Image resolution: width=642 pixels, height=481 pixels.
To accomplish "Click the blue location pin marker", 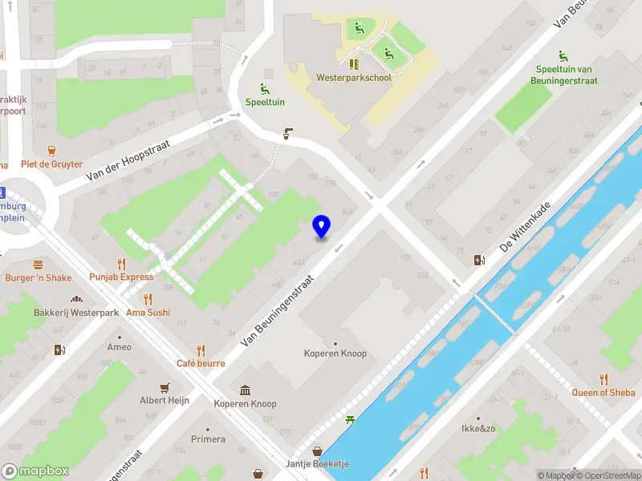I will pyautogui.click(x=321, y=228).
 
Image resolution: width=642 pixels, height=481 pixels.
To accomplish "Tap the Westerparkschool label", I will pyautogui.click(x=353, y=79).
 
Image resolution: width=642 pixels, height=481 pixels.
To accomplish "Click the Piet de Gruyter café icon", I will pyautogui.click(x=52, y=150).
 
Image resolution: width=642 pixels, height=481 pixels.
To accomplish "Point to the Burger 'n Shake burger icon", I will pyautogui.click(x=38, y=264).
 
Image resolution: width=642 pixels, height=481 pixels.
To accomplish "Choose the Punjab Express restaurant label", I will pyautogui.click(x=121, y=277).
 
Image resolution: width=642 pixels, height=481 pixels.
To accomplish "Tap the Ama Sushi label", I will pyautogui.click(x=148, y=313).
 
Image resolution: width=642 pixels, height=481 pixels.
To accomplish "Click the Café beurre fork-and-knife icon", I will pyautogui.click(x=201, y=350).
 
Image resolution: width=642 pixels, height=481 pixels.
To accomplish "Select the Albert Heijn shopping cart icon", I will pyautogui.click(x=165, y=386).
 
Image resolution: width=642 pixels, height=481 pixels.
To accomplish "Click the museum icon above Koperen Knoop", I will pyautogui.click(x=245, y=390).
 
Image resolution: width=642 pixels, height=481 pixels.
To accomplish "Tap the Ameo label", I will pyautogui.click(x=119, y=347).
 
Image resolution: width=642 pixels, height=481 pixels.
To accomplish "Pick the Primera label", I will pyautogui.click(x=208, y=439).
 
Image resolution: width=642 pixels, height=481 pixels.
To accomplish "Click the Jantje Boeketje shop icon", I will pyautogui.click(x=318, y=451).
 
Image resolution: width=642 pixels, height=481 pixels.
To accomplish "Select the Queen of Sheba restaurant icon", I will pyautogui.click(x=603, y=379).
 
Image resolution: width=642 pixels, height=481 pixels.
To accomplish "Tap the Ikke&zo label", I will pyautogui.click(x=478, y=428).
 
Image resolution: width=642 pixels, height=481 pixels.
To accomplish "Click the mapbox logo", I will pyautogui.click(x=35, y=471).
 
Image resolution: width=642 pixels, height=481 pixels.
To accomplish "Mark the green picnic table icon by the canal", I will pyautogui.click(x=350, y=419).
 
